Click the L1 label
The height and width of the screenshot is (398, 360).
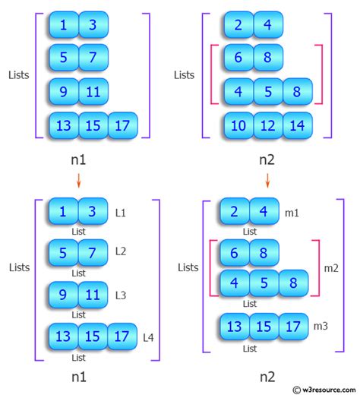point(120,212)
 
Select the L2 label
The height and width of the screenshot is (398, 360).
point(120,251)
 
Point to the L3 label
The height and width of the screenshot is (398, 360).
point(120,293)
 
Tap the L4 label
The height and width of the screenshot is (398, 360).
point(149,334)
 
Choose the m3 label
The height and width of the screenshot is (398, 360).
point(321,326)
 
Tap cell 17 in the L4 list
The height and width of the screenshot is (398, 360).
point(122,333)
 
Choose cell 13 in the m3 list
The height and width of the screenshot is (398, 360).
point(235,327)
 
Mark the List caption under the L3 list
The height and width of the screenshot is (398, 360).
point(77,313)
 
